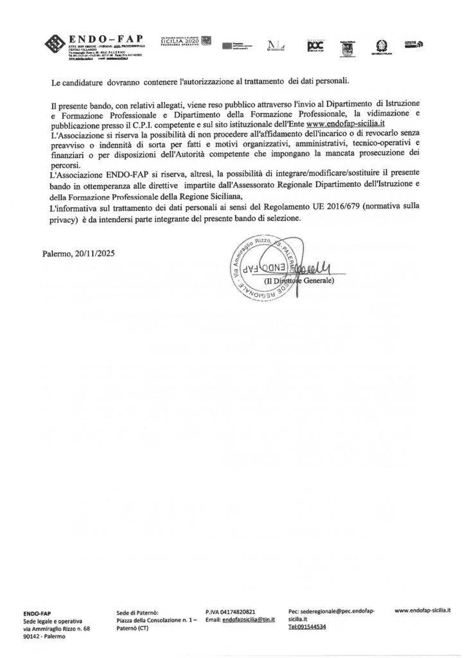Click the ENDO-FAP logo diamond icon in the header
(x=56, y=44)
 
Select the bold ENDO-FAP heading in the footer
(x=37, y=614)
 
